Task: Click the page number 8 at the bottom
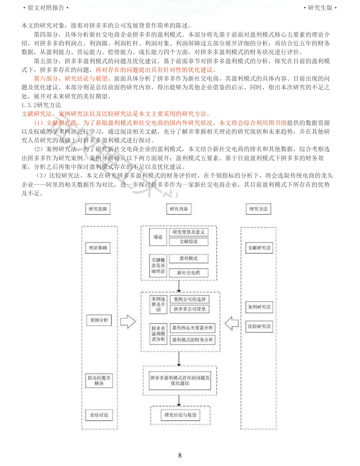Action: coord(180,455)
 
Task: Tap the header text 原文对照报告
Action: coord(46,8)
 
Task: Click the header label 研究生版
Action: coord(320,8)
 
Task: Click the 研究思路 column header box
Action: coord(98,209)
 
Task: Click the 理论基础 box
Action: coord(98,248)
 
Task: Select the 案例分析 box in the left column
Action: coord(99,320)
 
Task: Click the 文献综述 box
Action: coord(188,242)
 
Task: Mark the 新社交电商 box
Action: coord(188,272)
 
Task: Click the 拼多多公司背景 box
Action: coord(189,309)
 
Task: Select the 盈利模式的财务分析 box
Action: coord(192,340)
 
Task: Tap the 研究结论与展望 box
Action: coord(180,415)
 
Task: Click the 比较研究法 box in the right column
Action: coord(260,326)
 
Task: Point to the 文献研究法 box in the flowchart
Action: coord(259,248)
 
